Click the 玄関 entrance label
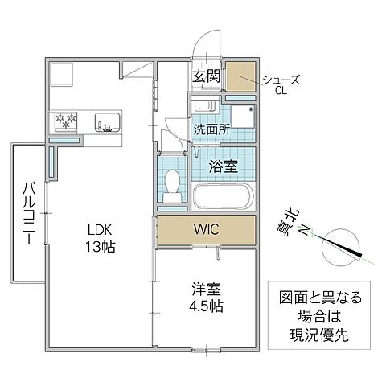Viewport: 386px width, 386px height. pos(206,77)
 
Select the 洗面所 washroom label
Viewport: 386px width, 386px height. pos(211,129)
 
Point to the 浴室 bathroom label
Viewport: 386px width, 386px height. pos(224,167)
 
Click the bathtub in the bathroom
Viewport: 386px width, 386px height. pos(224,197)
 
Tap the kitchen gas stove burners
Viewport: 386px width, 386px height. pos(64,121)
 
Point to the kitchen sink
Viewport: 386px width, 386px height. pos(107,122)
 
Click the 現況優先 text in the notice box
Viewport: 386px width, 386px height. pos(314,331)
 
